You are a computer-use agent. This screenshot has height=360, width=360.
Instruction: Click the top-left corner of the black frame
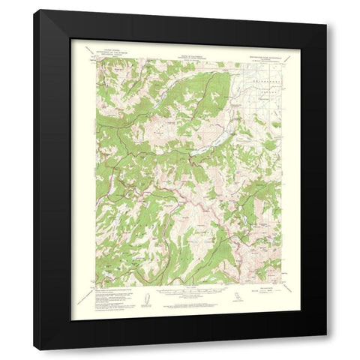tap(34, 10)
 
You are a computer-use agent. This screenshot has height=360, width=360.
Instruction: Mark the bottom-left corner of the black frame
tap(34, 349)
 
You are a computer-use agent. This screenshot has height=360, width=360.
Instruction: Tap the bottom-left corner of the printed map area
tap(95, 285)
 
